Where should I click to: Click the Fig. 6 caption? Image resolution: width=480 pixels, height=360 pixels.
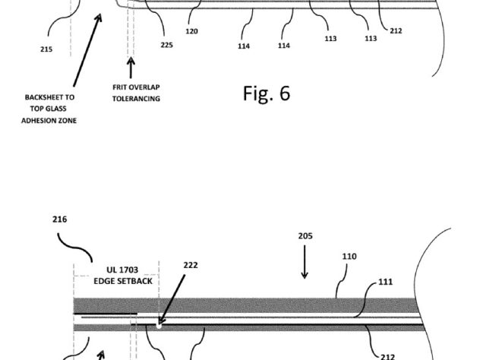[x=267, y=93]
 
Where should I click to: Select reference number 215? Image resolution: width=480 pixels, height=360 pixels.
[x=46, y=49]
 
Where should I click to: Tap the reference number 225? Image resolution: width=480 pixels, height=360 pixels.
[x=167, y=45]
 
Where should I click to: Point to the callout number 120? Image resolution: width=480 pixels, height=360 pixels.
[x=191, y=31]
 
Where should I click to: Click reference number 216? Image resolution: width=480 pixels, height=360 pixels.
[x=60, y=219]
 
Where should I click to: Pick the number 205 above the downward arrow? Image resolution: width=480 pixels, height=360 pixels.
[x=305, y=235]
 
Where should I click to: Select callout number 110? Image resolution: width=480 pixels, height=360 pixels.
[x=349, y=256]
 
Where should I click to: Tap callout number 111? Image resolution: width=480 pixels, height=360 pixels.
[x=385, y=282]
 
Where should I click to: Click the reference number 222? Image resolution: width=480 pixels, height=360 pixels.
[x=191, y=265]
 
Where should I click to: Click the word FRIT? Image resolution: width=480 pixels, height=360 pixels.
[x=119, y=87]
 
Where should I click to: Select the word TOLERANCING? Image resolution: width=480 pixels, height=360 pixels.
[x=136, y=99]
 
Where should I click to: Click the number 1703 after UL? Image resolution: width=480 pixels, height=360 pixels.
[x=128, y=270]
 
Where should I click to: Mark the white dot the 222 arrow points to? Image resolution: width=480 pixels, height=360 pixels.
[x=159, y=326]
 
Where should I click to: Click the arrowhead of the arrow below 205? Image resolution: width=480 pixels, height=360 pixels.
[x=305, y=275]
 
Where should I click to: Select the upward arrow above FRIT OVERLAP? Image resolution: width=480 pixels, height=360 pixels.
[x=131, y=68]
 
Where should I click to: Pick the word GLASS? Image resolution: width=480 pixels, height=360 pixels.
[x=57, y=109]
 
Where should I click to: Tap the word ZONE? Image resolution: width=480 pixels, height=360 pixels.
[x=68, y=121]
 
